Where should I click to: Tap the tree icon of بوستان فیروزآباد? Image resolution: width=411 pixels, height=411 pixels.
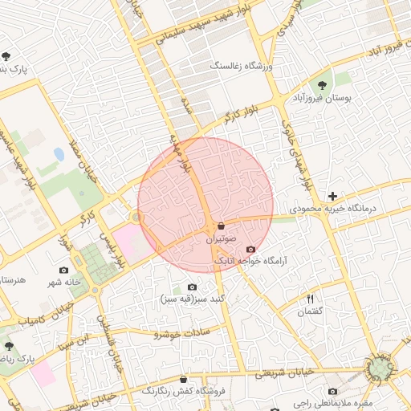pyautogui.click(x=322, y=83)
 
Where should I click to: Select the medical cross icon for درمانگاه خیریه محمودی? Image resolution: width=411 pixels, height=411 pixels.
pyautogui.click(x=332, y=196)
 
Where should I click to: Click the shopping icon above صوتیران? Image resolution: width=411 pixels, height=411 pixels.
pyautogui.click(x=220, y=226)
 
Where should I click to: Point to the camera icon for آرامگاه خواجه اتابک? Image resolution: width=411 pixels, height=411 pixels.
pyautogui.click(x=251, y=250)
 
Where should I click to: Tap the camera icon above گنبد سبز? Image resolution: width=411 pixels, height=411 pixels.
pyautogui.click(x=192, y=287)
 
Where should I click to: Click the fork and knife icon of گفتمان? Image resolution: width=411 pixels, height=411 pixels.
pyautogui.click(x=310, y=299)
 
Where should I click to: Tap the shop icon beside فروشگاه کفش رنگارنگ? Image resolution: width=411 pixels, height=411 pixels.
pyautogui.click(x=184, y=379)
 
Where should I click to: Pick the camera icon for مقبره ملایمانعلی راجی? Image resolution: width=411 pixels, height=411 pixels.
pyautogui.click(x=332, y=391)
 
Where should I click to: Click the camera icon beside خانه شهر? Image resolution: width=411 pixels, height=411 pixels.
pyautogui.click(x=64, y=271)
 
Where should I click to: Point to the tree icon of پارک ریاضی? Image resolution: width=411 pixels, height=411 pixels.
pyautogui.click(x=10, y=346)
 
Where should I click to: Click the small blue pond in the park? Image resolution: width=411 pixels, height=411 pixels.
pyautogui.click(x=59, y=153)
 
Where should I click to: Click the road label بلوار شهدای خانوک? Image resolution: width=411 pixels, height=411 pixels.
pyautogui.click(x=295, y=154)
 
